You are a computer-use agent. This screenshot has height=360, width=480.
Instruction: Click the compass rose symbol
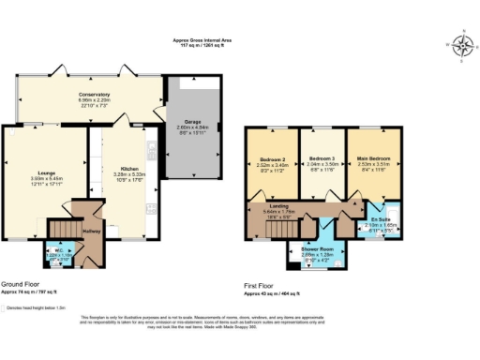[461, 43]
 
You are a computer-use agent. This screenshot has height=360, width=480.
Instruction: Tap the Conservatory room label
[95, 95]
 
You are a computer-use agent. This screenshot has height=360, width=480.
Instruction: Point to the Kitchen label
[122, 170]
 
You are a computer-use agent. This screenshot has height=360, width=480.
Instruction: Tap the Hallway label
[91, 230]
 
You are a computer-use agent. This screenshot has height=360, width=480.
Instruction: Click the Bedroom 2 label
[272, 159]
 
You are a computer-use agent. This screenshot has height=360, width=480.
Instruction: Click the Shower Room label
[318, 248]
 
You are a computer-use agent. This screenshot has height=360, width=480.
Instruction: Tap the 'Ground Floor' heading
[20, 284]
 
